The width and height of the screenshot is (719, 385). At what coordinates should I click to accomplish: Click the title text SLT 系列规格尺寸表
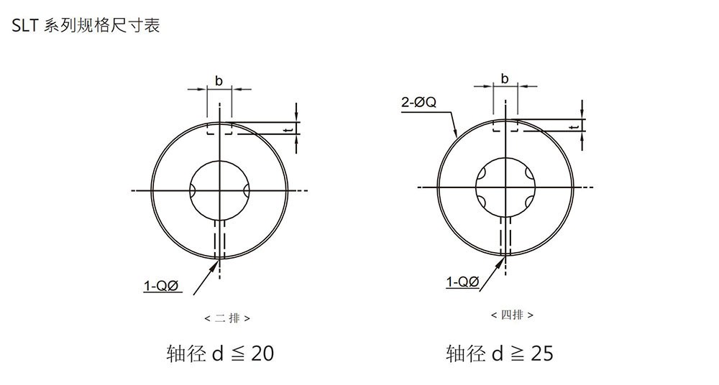coord(86,25)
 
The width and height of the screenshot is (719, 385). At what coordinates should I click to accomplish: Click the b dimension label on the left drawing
coord(219,81)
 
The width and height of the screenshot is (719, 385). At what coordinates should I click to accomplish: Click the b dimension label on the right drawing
coord(505,79)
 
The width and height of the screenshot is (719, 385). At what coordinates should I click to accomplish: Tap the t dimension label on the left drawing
coord(288,130)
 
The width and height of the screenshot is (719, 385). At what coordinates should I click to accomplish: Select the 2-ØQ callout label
coord(418,102)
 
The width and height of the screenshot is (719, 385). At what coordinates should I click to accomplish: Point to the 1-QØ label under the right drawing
coord(462,282)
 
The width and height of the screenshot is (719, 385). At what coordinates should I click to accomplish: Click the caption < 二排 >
coord(227,318)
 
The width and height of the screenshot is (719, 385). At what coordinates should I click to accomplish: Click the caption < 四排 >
coord(512,315)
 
